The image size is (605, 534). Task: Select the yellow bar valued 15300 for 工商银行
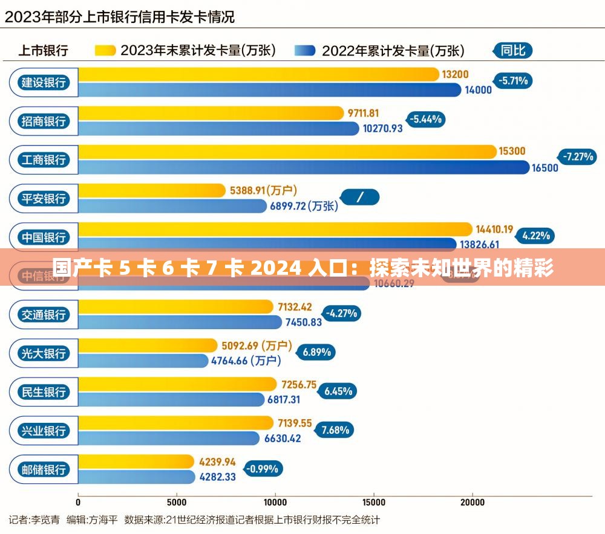(287, 152)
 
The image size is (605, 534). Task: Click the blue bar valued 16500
(302, 167)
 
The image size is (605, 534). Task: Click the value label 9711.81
(363, 113)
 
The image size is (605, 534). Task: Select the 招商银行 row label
(44, 121)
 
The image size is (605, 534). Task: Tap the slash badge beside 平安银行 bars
(360, 197)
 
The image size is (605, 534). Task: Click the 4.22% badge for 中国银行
(535, 236)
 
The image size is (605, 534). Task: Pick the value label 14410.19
(494, 229)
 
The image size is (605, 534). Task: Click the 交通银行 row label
(44, 315)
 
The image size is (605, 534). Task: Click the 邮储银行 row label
(44, 469)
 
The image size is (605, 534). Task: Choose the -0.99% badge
(262, 468)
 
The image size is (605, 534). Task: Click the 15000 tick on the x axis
(373, 502)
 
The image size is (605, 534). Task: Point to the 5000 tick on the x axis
(177, 502)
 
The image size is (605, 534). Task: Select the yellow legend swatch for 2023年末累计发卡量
(105, 51)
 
